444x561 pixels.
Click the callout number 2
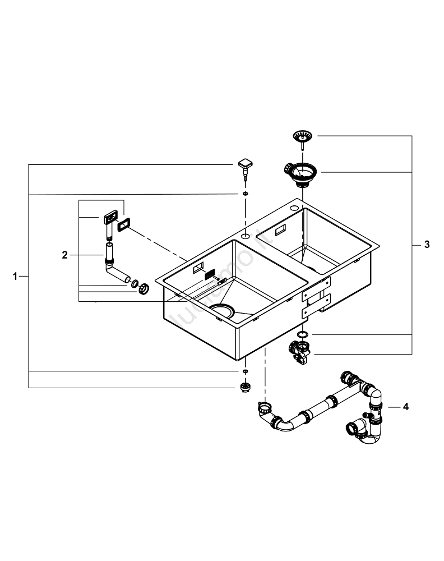(x=65, y=255)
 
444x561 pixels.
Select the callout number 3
(x=427, y=245)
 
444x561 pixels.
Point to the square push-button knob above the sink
(x=245, y=166)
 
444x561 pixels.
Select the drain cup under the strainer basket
(x=302, y=173)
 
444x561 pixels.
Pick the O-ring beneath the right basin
(x=303, y=334)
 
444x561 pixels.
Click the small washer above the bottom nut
(x=245, y=372)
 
